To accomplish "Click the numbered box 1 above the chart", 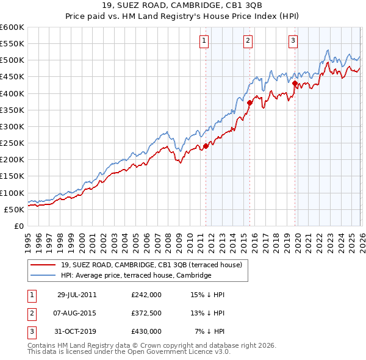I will coord(203,41).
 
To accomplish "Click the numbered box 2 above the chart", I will coord(248,41).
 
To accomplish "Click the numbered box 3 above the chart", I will coord(293,41).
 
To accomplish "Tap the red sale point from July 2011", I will coord(206,146).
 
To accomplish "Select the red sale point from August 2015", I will coord(249,103).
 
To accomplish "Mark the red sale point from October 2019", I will coord(295,83).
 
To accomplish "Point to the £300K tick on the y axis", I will coord(12,126).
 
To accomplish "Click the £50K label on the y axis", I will coord(14,209).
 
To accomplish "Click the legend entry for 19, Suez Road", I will coord(151,265).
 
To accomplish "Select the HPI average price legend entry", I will coord(135,275).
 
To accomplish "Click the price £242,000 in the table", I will coord(146,294).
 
